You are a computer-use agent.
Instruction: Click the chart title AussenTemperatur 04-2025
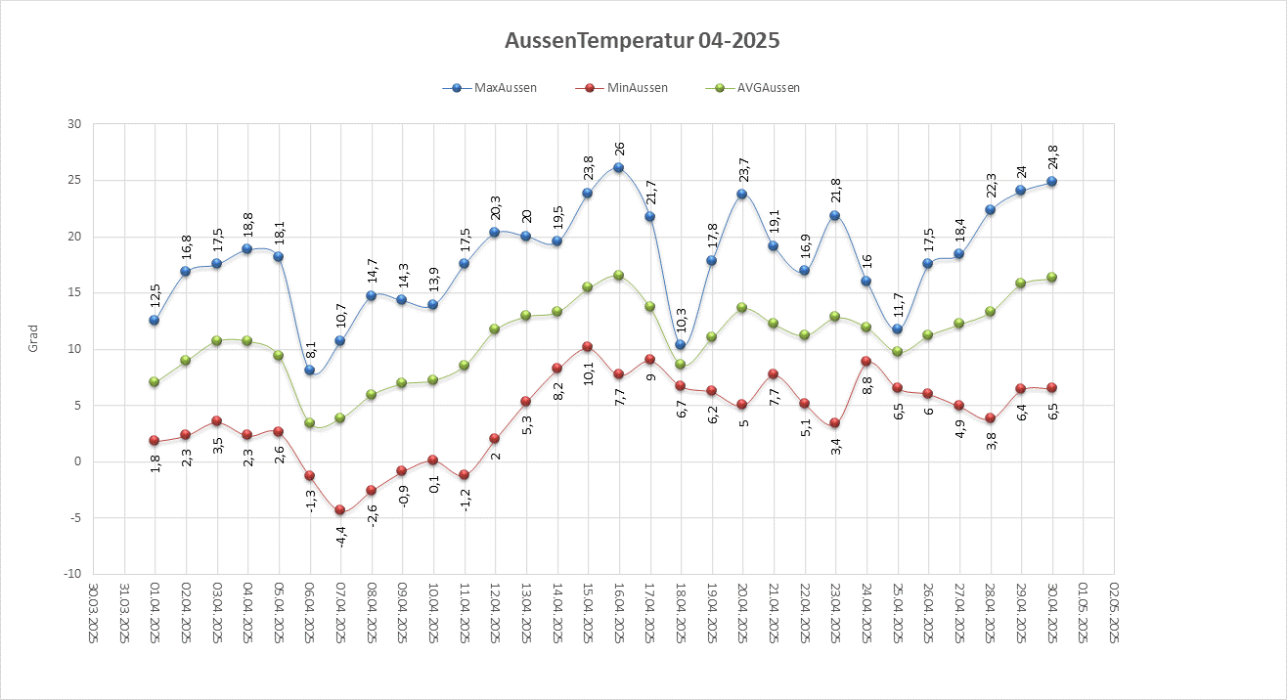click(643, 41)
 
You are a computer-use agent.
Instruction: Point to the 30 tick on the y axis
click(74, 124)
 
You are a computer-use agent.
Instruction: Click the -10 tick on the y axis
click(72, 574)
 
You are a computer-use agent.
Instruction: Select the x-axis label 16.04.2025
click(618, 613)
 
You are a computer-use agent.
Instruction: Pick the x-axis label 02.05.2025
click(1114, 613)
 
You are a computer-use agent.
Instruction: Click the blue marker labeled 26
click(618, 168)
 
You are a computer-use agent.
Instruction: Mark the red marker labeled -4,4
click(339, 510)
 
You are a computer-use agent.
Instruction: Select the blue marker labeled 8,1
click(309, 370)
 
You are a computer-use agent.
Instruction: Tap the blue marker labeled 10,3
click(681, 345)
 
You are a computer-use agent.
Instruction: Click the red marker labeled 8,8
click(866, 362)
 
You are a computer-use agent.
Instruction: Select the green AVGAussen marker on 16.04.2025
click(618, 275)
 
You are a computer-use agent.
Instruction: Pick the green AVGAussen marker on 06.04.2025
click(309, 423)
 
